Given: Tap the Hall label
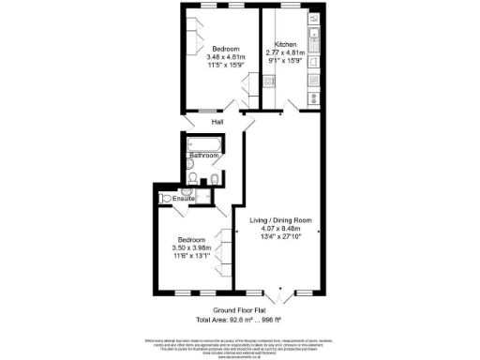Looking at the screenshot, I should click(x=217, y=123).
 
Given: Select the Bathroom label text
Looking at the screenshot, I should click(x=203, y=156).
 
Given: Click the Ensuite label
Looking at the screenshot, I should click(x=184, y=199).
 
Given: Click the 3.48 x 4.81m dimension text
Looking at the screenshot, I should click(x=226, y=58).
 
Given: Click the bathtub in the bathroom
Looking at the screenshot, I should click(x=203, y=144).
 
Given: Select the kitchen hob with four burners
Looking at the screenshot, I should click(x=269, y=82).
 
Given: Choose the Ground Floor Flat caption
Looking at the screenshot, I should click(x=240, y=310).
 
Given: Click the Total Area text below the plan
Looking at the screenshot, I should click(x=241, y=320).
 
